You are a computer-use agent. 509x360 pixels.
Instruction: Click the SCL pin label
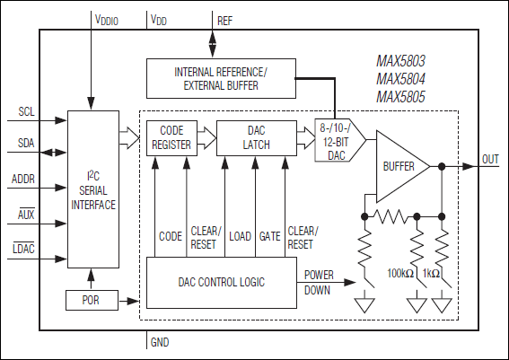coord(25,112)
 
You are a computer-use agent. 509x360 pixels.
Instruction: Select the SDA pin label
coord(25,145)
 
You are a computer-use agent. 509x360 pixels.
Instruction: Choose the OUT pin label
coord(490,160)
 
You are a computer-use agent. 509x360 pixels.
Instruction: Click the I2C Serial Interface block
coord(93,189)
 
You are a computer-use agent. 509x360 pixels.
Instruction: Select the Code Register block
coord(171,136)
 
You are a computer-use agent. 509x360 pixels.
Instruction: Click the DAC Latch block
coord(256,136)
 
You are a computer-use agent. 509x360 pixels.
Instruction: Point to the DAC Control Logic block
coord(221,282)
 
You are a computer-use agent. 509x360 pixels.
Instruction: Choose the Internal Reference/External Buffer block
coord(220,77)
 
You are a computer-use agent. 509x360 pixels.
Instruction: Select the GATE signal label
coord(270,236)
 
